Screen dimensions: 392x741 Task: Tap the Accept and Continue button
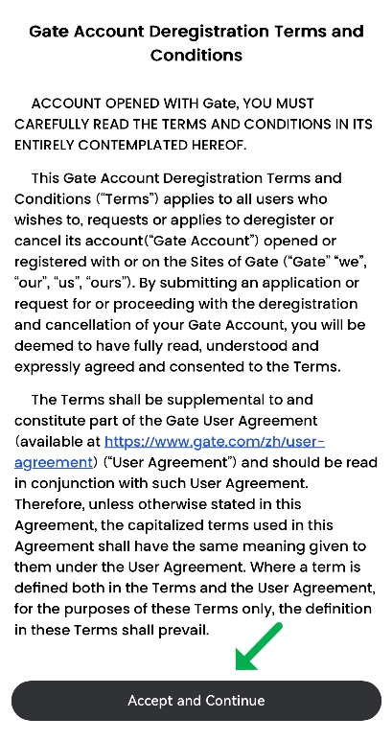pyautogui.click(x=196, y=701)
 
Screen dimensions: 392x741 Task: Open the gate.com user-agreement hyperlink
pyautogui.click(x=215, y=441)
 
